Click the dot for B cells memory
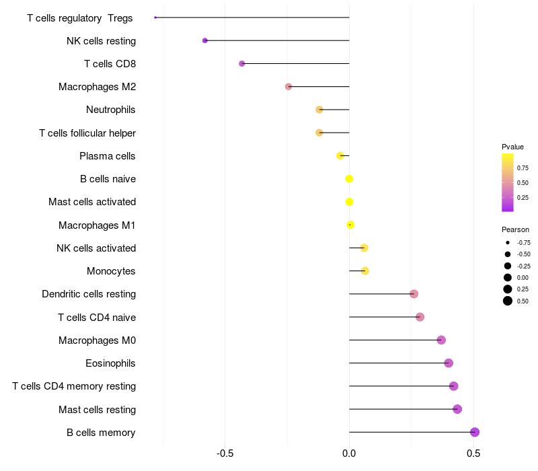tap(475, 432)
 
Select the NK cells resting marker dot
tap(205, 40)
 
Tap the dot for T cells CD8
tap(242, 64)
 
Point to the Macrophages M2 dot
tap(289, 87)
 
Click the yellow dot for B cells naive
tap(349, 179)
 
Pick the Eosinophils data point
tap(449, 363)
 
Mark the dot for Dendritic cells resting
tap(414, 294)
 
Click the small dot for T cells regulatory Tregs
tap(155, 17)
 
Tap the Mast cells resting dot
tap(457, 409)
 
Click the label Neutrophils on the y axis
tap(111, 110)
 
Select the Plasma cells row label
tap(108, 156)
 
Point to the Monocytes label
tap(111, 271)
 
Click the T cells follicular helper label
tap(87, 133)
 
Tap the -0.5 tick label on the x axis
tap(225, 454)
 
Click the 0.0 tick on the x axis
tap(349, 454)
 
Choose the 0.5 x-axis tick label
tap(473, 454)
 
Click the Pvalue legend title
tap(512, 147)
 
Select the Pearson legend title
tap(515, 229)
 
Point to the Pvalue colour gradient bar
tap(508, 182)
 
